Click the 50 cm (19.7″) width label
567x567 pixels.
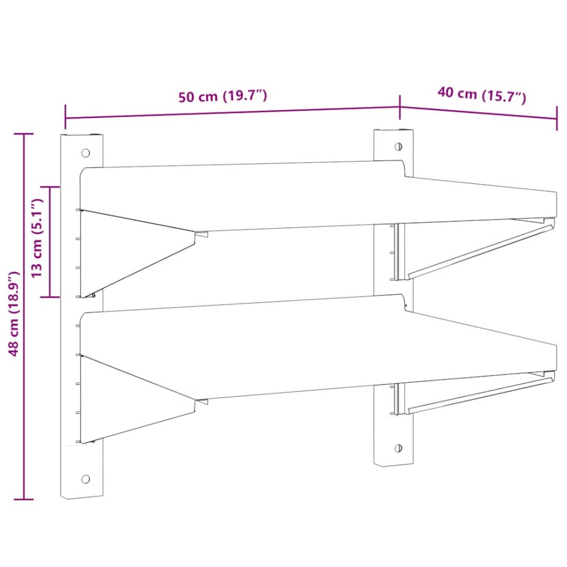pos(222,96)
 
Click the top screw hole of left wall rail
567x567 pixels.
pos(86,153)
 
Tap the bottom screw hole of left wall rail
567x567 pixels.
pos(85,479)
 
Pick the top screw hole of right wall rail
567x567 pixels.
pos(398,145)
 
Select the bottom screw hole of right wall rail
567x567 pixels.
pos(398,447)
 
